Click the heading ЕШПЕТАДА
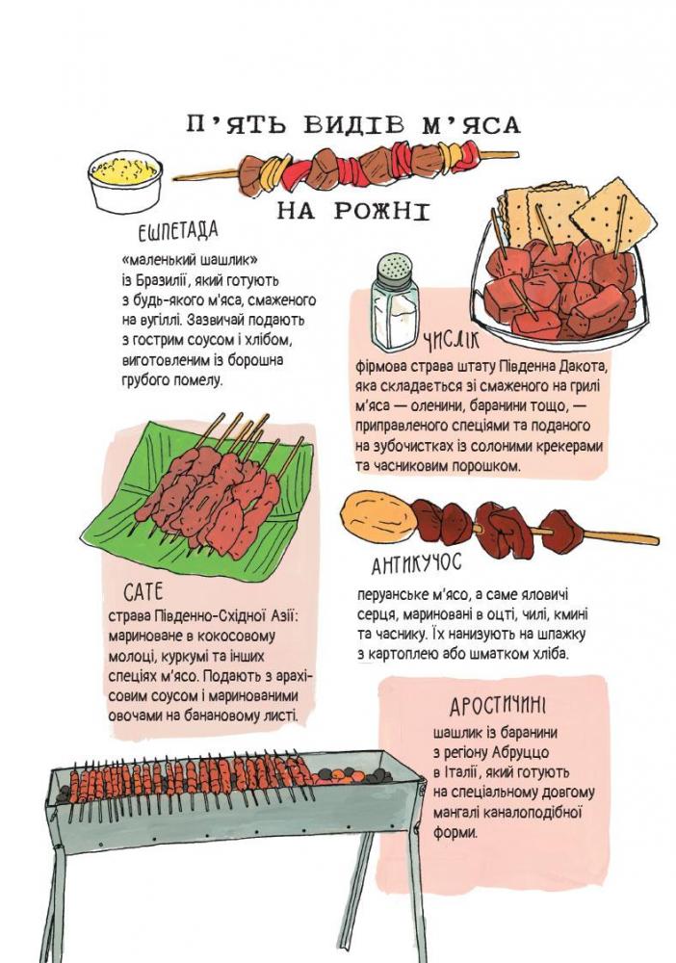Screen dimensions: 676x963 coord(178,231)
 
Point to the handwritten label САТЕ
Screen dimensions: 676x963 coord(143,591)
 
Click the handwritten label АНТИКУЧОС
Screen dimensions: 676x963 coord(416,563)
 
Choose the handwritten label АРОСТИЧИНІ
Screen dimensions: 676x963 coord(498,706)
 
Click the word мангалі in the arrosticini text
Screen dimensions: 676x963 coord(455,814)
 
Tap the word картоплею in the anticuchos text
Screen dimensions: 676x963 coord(401,655)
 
